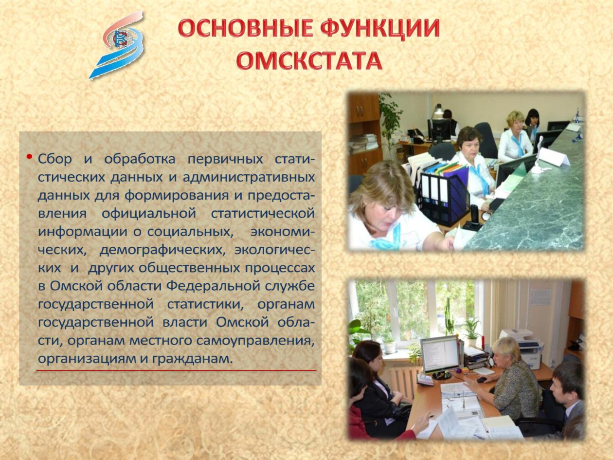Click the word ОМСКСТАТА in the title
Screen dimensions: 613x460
click(x=309, y=60)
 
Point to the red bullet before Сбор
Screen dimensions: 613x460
click(x=29, y=157)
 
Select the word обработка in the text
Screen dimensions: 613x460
click(x=140, y=159)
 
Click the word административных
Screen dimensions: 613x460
click(x=249, y=178)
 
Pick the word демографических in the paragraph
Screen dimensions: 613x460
click(x=162, y=250)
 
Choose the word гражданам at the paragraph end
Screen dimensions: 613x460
click(x=192, y=359)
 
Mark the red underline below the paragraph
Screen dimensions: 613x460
click(x=176, y=370)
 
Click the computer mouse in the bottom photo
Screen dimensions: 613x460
click(x=482, y=380)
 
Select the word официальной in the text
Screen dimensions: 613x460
click(x=149, y=214)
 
